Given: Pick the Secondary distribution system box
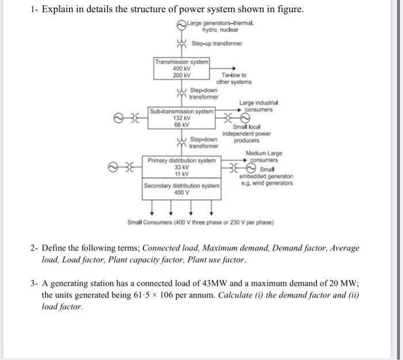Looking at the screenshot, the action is click(x=182, y=190).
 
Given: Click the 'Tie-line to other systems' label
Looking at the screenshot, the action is click(x=235, y=78).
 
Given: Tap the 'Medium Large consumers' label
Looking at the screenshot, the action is click(x=264, y=156).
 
